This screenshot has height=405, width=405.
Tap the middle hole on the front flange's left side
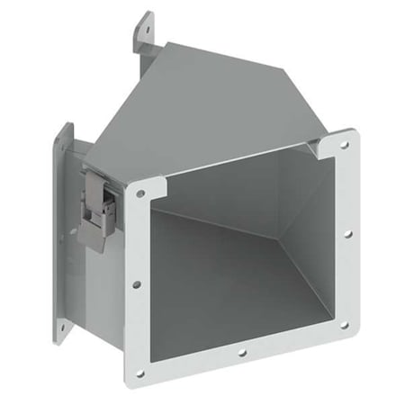pyautogui.click(x=137, y=283)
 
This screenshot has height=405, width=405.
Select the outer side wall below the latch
pyautogui.click(x=99, y=288)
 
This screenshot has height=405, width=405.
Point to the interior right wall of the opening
pyautogui.click(x=306, y=234)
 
